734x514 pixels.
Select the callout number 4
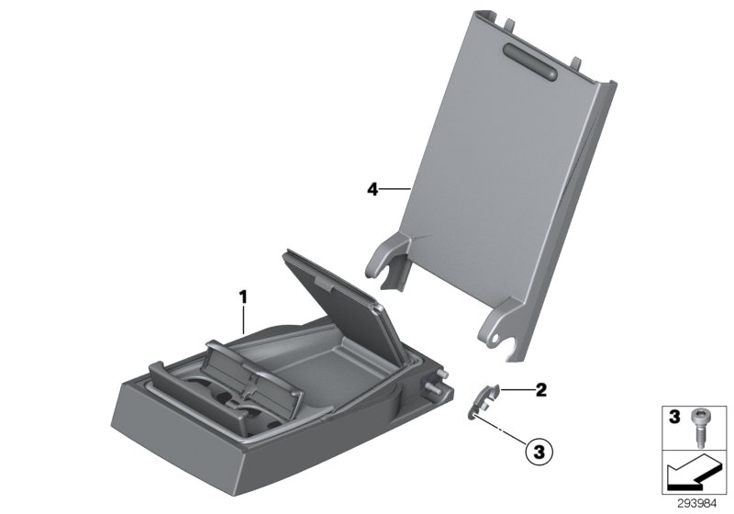pos(372,189)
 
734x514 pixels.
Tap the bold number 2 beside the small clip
pos(540,390)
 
